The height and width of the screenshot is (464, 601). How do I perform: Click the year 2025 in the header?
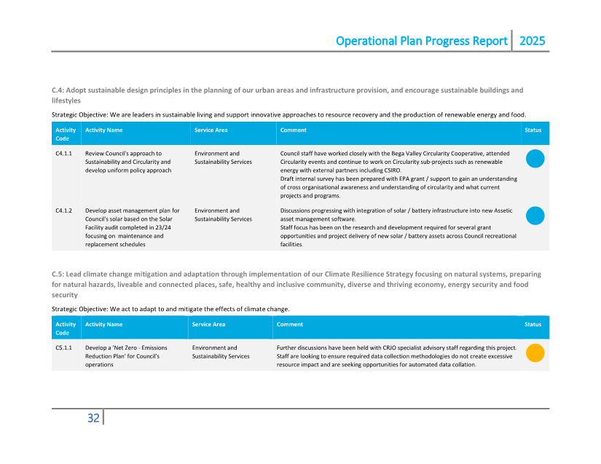pos(532,41)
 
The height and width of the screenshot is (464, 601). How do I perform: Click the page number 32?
pos(93,418)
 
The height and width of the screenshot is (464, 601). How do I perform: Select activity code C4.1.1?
pos(63,154)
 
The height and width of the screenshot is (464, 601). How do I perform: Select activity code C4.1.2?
pos(63,211)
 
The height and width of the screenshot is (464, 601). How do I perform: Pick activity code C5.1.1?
pos(63,348)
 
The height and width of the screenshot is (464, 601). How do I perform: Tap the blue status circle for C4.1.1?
pos(535,159)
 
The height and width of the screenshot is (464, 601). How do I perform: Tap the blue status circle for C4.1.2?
pos(535,216)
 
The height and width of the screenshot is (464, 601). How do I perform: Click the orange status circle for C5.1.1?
pos(535,353)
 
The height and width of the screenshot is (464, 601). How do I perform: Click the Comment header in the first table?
pos(293,130)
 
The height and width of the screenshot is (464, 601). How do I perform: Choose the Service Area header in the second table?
pos(209,324)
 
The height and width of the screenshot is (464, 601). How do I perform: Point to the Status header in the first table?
pos(533,130)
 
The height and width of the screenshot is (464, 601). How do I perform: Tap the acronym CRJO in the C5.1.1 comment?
pos(394,348)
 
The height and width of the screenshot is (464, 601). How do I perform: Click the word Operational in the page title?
pos(366,41)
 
